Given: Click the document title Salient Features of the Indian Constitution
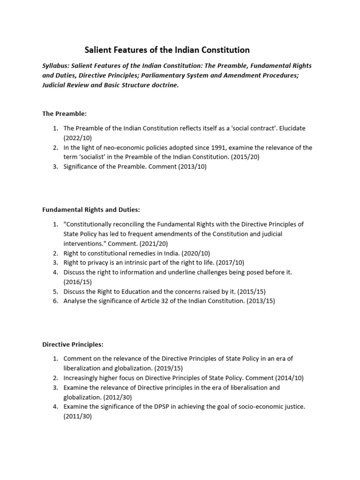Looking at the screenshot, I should (166, 50).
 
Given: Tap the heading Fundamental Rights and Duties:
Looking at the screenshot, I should (91, 210).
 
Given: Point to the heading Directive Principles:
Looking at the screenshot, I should (72, 344).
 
